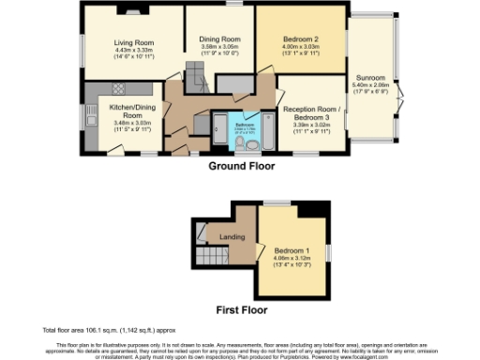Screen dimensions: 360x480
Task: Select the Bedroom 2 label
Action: [x=302, y=38]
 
